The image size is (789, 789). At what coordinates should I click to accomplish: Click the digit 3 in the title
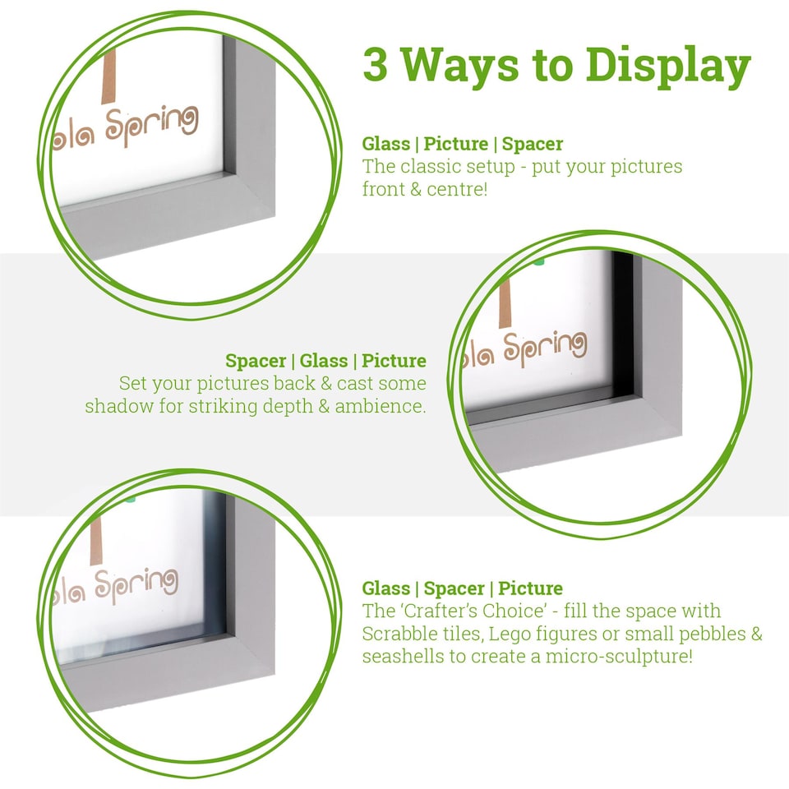pyautogui.click(x=376, y=65)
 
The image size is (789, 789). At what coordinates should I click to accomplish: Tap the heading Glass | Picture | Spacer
pyautogui.click(x=463, y=144)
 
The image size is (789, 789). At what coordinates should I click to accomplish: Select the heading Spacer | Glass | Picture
pyautogui.click(x=325, y=361)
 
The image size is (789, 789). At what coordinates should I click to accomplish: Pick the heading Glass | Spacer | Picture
pyautogui.click(x=463, y=588)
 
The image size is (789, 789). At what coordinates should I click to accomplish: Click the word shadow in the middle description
pyautogui.click(x=113, y=406)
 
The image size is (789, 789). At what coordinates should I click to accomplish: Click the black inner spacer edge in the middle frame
pyautogui.click(x=622, y=329)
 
